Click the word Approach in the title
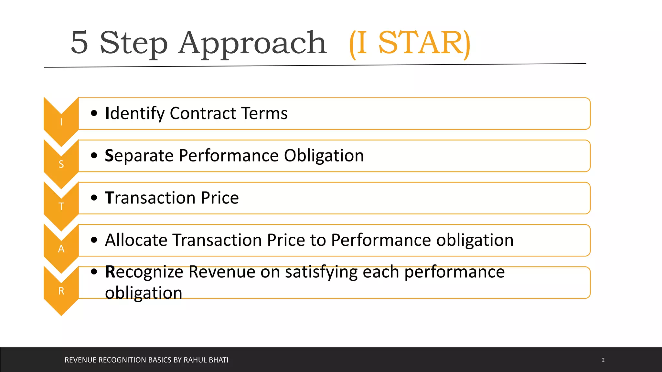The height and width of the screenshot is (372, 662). coord(252,44)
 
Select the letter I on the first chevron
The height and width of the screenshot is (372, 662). coord(61,122)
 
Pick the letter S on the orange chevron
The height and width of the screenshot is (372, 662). coord(61,164)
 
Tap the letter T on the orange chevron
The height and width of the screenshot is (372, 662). coord(61,206)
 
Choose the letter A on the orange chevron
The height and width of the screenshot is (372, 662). coord(61,249)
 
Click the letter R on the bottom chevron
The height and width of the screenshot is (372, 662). coord(61,291)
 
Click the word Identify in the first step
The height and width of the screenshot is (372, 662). coord(135,114)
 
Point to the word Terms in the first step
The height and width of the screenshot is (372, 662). coord(264,113)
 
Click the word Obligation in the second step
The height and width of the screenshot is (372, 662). coord(324,156)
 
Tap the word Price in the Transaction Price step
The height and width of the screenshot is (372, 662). coord(220,198)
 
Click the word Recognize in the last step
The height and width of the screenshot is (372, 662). coord(144,272)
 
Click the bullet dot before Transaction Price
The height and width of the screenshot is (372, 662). coord(94,198)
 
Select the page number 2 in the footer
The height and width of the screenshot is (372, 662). coord(603,360)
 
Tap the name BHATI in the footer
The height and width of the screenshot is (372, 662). coord(218,360)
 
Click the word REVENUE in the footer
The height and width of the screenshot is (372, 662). coord(80,360)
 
